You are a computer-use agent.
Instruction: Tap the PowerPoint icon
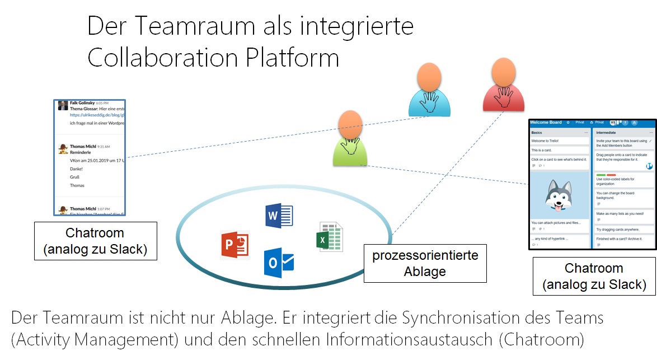click(x=234, y=245)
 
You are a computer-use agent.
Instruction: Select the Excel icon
click(x=329, y=237)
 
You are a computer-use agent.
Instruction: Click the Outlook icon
click(x=279, y=263)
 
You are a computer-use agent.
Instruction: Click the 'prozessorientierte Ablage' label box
click(x=425, y=264)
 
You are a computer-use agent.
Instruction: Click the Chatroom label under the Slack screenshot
click(x=95, y=241)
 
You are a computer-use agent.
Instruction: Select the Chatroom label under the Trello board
click(x=594, y=276)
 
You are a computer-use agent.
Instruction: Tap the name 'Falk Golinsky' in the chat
click(x=82, y=103)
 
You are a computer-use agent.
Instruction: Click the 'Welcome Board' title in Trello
click(x=546, y=122)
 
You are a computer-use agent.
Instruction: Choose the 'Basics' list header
click(x=537, y=133)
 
